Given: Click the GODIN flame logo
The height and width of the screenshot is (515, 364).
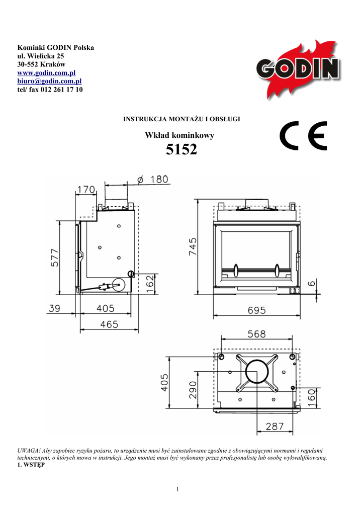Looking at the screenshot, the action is tap(298, 69).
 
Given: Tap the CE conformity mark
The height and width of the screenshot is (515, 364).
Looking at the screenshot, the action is tap(304, 136).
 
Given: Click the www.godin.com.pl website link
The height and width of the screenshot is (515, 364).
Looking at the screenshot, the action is tap(46, 72).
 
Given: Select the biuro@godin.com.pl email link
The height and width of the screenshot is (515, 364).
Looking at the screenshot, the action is tap(49, 81).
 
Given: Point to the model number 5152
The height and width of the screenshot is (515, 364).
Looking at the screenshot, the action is tap(181, 149).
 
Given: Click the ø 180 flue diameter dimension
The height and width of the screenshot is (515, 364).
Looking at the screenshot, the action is tap(153, 180).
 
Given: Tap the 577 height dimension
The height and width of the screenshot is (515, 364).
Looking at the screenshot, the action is tap(55, 258).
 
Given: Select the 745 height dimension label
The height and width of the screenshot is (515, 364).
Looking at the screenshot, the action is tap(193, 246).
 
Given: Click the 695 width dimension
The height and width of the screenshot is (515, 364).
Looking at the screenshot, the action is tap(257, 310).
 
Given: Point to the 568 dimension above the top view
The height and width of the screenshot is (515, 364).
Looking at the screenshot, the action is tap(257, 334).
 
